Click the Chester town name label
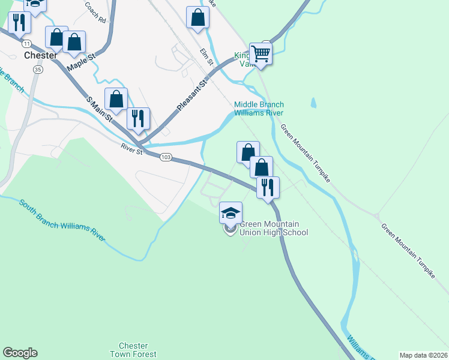click(x=40, y=55)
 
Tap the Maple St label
click(x=82, y=62)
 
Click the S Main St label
click(x=100, y=108)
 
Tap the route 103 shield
click(x=167, y=157)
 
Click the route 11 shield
click(x=26, y=44)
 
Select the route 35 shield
click(x=38, y=70)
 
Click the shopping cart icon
click(x=261, y=53)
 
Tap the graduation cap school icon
click(x=231, y=212)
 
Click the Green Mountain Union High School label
click(x=273, y=229)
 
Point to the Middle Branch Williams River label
click(x=258, y=108)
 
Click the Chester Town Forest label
click(x=133, y=350)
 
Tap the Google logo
click(x=20, y=353)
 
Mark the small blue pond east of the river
click(x=313, y=104)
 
